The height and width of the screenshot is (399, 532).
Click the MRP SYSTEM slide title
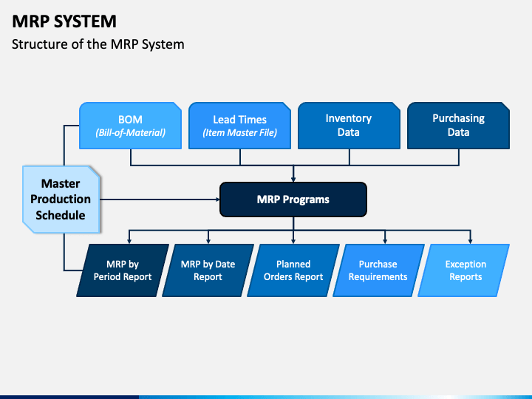[x=64, y=21]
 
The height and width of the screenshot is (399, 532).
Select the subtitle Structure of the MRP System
[x=98, y=44]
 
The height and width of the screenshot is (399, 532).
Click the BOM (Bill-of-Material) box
[x=130, y=126]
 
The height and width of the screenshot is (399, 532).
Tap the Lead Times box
[x=239, y=126]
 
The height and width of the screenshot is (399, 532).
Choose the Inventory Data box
[x=348, y=125]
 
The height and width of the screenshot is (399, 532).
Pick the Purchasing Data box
[x=458, y=125]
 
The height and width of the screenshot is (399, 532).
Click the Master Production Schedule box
[x=61, y=199]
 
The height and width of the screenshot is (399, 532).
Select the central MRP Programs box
[x=293, y=199]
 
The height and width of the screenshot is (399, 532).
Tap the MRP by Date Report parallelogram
[x=208, y=270]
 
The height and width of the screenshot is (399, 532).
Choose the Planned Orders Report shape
[x=293, y=270]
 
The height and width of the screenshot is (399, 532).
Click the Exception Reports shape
[x=465, y=270]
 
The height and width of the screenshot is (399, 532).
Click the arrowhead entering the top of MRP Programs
[x=293, y=178]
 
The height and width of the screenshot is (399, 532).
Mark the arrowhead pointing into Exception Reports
[x=471, y=240]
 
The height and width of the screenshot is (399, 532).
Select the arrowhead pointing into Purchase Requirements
[x=384, y=240]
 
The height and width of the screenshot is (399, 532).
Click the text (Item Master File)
[x=239, y=134]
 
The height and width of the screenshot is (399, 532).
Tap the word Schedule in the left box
[x=61, y=215]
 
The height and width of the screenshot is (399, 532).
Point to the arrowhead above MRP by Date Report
[x=208, y=240]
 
